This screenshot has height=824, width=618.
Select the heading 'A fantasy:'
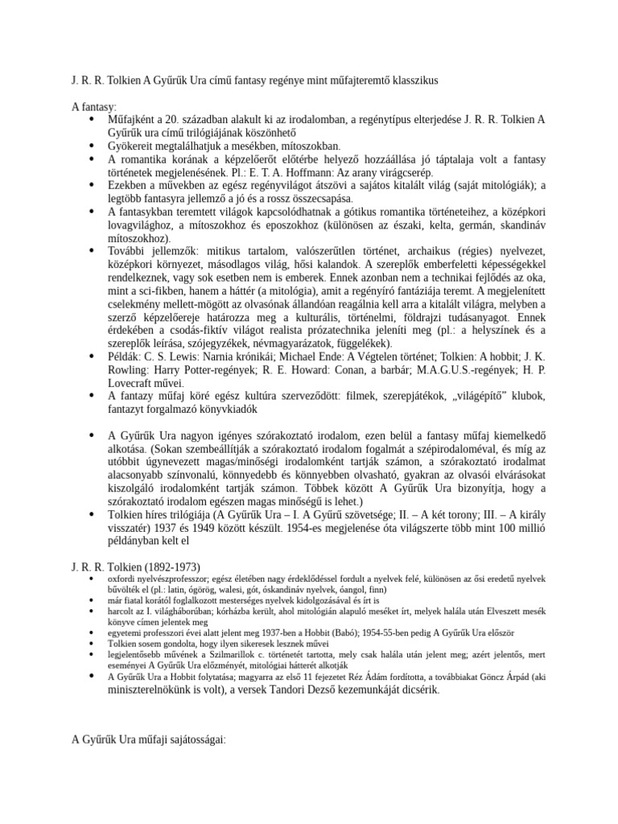pos(94,106)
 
